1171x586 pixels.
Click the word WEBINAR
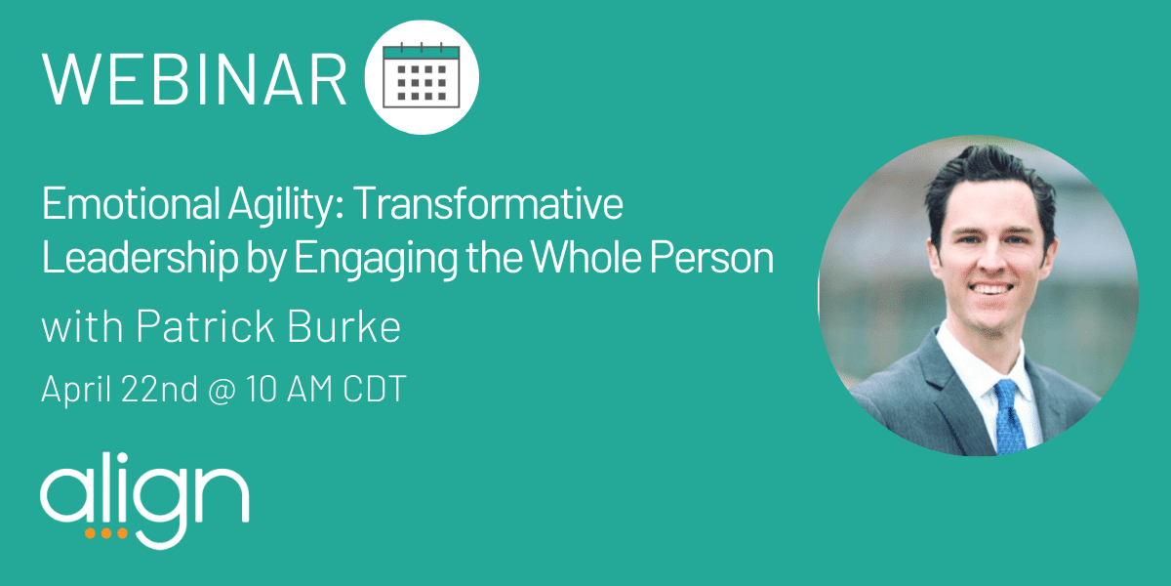[194, 79]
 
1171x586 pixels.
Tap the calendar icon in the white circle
[422, 75]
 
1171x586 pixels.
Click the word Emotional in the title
[131, 203]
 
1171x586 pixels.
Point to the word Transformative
[488, 203]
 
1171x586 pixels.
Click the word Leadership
[141, 258]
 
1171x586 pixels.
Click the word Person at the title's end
[712, 258]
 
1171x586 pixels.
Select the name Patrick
[206, 326]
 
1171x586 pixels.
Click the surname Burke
[343, 326]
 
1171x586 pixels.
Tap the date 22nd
[159, 389]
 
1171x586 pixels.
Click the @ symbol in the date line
[222, 390]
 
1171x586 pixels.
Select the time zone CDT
[375, 389]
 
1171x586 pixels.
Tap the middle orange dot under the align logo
[106, 533]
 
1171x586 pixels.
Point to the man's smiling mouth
[990, 289]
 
